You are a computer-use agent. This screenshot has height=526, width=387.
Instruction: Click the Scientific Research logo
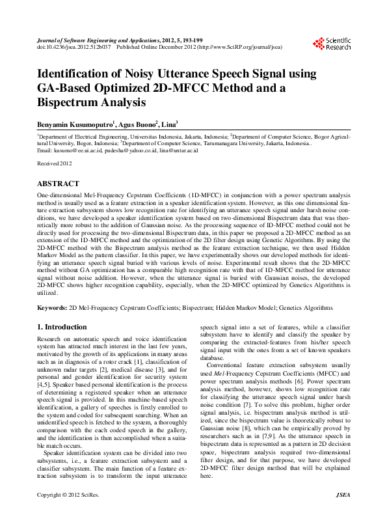[x=332, y=44]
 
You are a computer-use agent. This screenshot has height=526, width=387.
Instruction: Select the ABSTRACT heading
[x=59, y=184]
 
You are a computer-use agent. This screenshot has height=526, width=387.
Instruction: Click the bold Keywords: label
[x=52, y=307]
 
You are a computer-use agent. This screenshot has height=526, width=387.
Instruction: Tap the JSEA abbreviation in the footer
[x=342, y=514]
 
